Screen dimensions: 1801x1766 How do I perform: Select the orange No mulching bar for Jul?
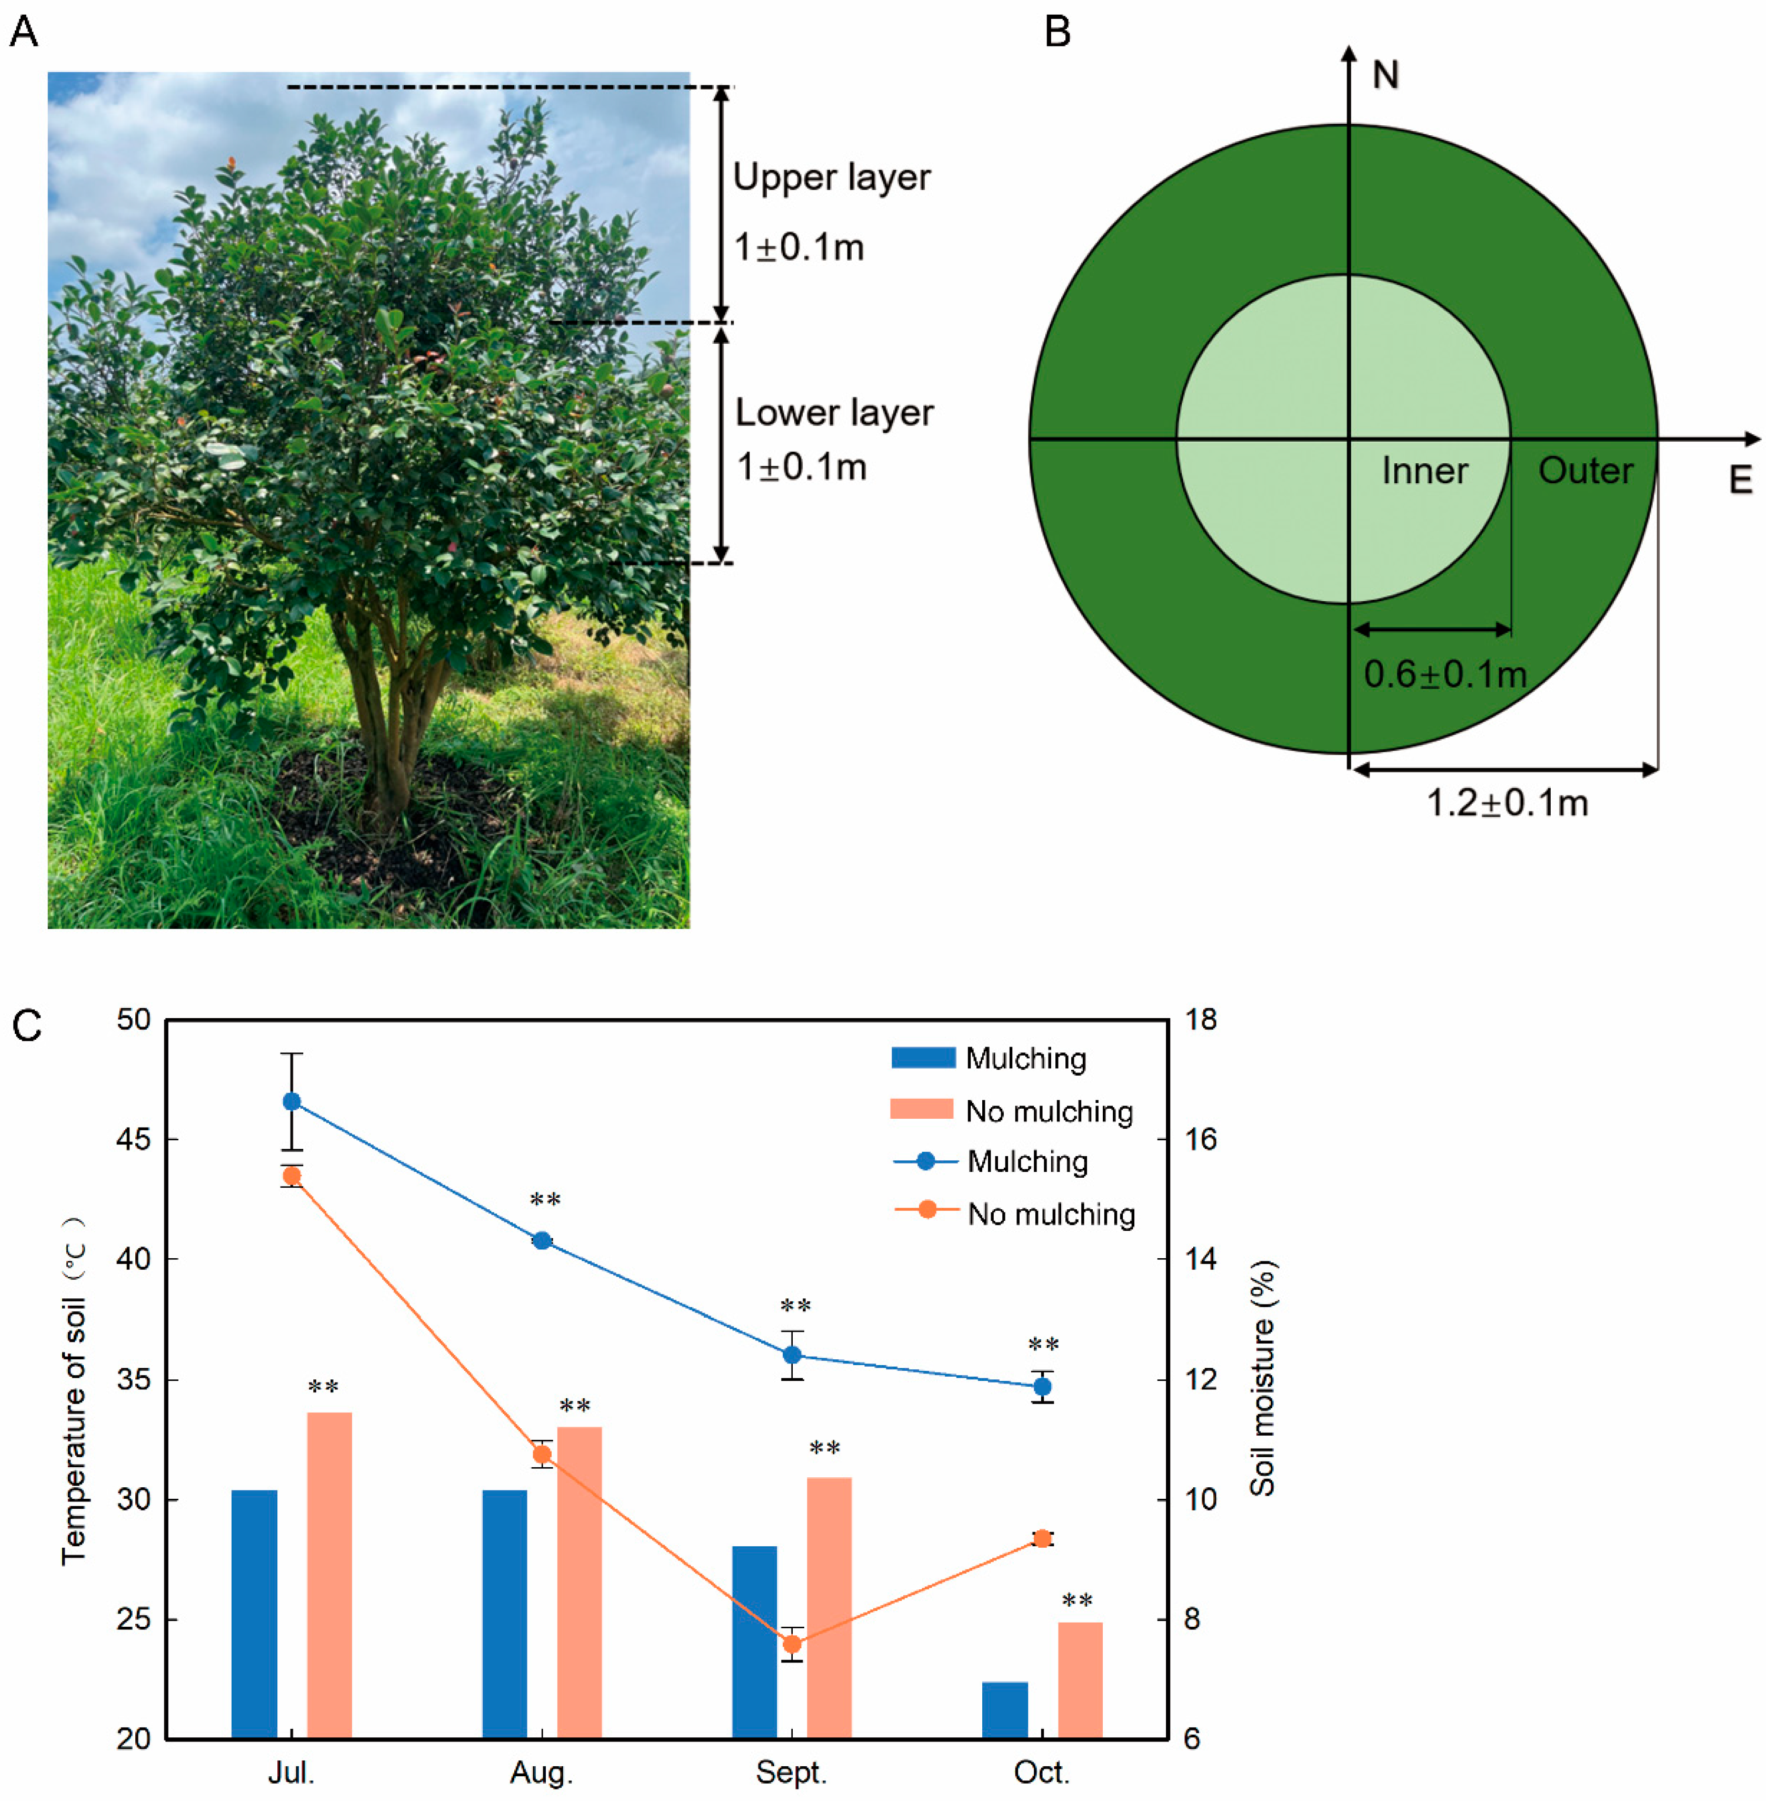point(330,1575)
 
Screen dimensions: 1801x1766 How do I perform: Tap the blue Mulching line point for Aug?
point(542,1240)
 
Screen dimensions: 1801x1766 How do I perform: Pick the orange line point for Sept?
point(791,1644)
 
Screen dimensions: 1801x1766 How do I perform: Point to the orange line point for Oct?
point(1042,1538)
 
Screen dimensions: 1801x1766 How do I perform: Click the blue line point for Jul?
point(291,1101)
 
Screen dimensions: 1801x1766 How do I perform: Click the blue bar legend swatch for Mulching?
point(923,1058)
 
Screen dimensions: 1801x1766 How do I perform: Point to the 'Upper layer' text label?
point(831,177)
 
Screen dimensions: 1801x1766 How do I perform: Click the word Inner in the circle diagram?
point(1425,471)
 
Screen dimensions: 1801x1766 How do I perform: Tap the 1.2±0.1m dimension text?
point(1506,803)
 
